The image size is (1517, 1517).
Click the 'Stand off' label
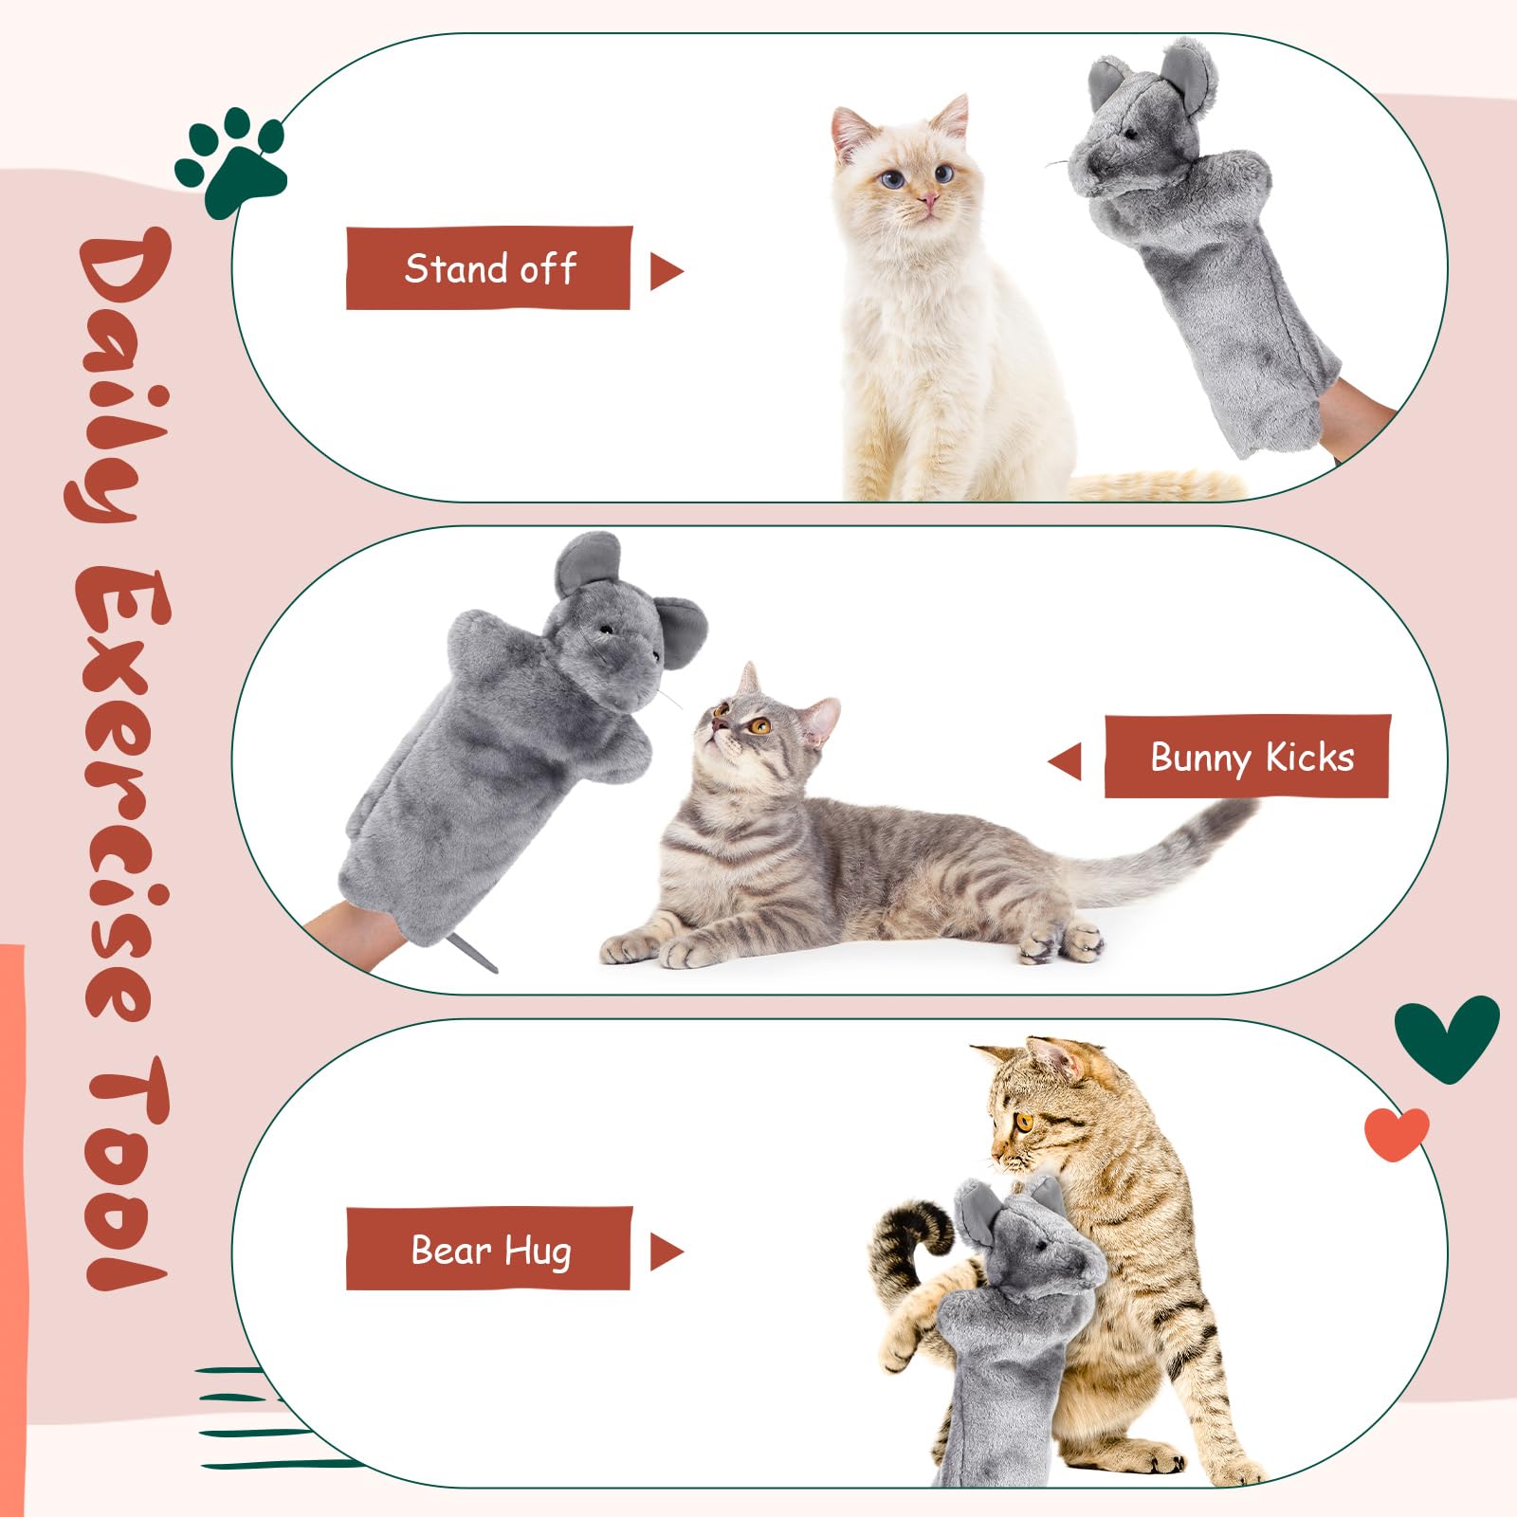(488, 268)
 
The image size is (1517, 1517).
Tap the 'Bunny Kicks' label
(1248, 757)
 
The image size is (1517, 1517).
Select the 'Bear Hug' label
(488, 1249)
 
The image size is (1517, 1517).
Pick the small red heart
(1396, 1132)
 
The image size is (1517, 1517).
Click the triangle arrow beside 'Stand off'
(665, 271)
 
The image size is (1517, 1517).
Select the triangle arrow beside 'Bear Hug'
(665, 1252)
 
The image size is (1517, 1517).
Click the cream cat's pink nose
(928, 200)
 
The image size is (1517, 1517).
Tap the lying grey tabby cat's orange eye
(758, 726)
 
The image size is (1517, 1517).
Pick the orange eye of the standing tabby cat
(1024, 1122)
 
